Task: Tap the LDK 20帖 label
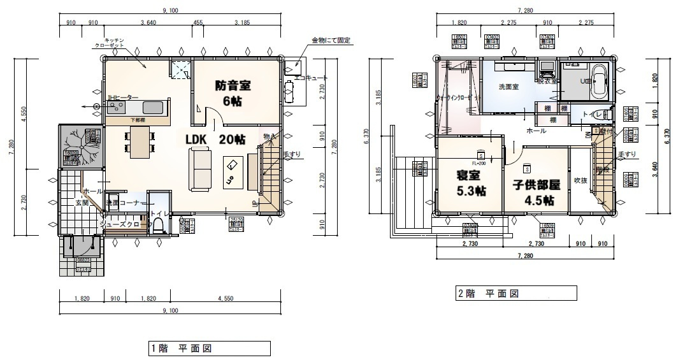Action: tap(213, 140)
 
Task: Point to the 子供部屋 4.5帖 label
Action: tap(536, 191)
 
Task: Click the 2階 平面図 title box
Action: tap(515, 294)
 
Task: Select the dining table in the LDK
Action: tap(139, 141)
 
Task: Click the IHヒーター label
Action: tap(123, 97)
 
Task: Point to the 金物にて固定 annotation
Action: tap(331, 41)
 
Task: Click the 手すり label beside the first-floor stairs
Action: tap(291, 154)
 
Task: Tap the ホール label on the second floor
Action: tap(535, 131)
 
